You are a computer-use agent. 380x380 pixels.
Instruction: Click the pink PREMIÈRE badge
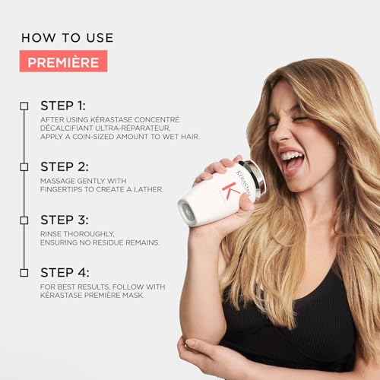[x=64, y=61]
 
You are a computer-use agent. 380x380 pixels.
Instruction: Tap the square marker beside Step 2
[x=24, y=166]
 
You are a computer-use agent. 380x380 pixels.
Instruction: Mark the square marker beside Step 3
[x=24, y=220]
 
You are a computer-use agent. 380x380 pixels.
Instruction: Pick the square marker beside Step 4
[x=24, y=272]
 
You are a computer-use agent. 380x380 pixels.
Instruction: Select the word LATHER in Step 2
[x=145, y=189]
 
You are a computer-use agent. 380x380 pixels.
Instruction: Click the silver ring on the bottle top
[x=256, y=177]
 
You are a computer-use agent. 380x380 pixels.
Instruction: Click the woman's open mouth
[x=292, y=161]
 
